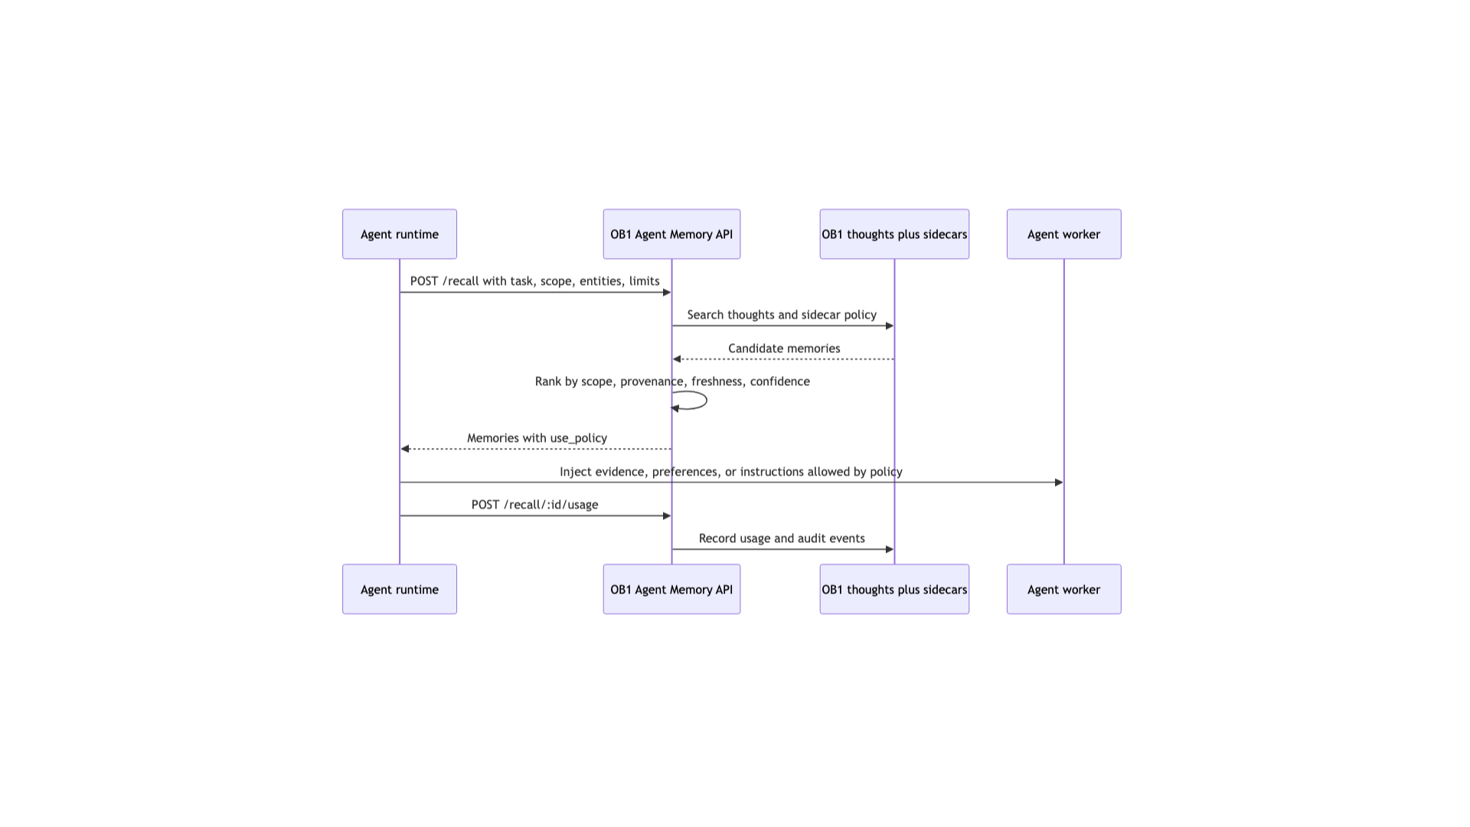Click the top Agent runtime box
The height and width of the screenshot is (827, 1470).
[400, 234]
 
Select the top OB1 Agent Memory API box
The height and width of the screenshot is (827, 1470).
[671, 234]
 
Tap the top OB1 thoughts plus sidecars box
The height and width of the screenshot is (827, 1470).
[894, 234]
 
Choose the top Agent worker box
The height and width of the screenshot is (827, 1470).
[1064, 234]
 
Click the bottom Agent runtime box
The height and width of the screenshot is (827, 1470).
[400, 590]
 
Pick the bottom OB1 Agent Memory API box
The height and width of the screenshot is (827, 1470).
[671, 590]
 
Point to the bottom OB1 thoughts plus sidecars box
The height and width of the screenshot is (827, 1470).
[894, 590]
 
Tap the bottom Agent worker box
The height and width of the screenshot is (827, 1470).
[1064, 590]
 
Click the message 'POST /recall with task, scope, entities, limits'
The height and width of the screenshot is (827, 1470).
[535, 281]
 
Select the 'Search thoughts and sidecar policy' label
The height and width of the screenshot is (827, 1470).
[782, 315]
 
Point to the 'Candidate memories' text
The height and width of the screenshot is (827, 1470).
[784, 348]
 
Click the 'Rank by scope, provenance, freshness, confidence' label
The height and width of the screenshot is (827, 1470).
[672, 381]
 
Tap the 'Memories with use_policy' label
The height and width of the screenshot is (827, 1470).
[537, 438]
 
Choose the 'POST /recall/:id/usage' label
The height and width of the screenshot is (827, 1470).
[534, 505]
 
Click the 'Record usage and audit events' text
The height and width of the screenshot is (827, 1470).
[782, 538]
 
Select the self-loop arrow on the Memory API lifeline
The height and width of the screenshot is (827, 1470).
[707, 400]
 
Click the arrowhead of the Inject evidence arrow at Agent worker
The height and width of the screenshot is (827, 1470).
[1059, 482]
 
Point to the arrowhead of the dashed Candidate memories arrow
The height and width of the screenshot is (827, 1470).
[677, 359]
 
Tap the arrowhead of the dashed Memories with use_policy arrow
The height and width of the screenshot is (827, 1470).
[405, 449]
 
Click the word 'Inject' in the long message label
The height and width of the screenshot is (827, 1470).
[575, 472]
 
